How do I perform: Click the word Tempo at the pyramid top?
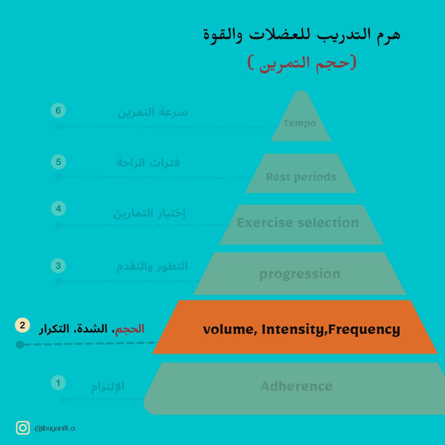pos(300,123)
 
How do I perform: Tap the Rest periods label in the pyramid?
pos(301,177)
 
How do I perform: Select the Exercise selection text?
pos(297,223)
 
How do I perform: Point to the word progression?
pos(300,274)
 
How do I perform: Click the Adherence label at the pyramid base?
pos(296,386)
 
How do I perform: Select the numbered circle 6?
pos(58,111)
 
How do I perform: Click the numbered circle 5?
pos(58,162)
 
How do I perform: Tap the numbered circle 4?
pos(58,208)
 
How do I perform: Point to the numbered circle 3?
pos(58,266)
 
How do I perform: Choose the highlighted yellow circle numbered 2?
pos(22,325)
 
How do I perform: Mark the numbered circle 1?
pos(58,383)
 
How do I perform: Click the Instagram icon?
pos(23,428)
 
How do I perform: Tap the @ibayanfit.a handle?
pos(55,429)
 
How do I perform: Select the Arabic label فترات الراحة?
pos(148,162)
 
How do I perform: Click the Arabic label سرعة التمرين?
pos(152,112)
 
